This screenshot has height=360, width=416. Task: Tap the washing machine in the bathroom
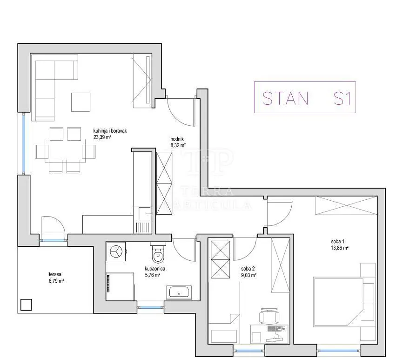(116, 251)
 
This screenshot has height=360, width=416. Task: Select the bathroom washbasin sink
(179, 292)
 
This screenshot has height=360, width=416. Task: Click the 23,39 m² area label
(102, 137)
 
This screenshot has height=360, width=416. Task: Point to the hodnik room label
(177, 139)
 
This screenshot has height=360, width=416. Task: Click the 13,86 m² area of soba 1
(340, 248)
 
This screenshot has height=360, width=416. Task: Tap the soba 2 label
(248, 269)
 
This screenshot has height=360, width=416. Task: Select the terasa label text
(55, 274)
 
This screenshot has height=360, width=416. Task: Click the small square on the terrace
(26, 305)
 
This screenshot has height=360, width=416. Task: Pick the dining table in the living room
(65, 150)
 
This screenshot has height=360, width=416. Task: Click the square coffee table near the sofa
(81, 102)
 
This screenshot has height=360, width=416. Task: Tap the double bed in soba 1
(338, 302)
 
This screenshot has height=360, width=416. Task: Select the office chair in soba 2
(269, 316)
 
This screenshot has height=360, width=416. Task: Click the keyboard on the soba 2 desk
(275, 329)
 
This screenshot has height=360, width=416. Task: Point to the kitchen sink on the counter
(145, 213)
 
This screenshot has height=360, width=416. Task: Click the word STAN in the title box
(285, 98)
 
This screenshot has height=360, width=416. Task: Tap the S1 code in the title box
(342, 98)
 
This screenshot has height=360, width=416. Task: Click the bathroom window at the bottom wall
(150, 308)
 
